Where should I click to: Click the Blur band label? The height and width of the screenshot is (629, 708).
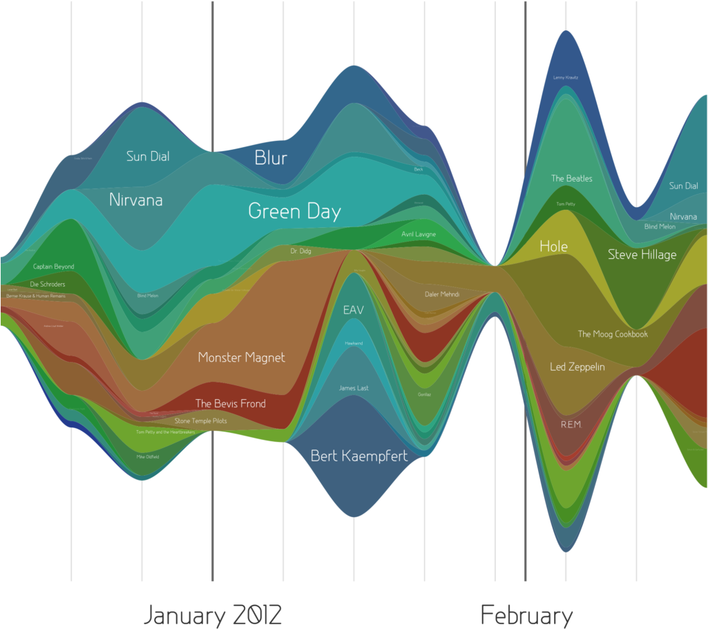point(271,157)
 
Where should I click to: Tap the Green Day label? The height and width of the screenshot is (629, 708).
point(294,211)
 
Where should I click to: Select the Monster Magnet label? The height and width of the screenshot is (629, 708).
point(241,358)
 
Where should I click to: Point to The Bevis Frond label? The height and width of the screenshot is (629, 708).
point(230,404)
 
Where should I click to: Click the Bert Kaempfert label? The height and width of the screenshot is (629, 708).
point(358,456)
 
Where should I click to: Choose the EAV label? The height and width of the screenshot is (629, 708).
point(353,310)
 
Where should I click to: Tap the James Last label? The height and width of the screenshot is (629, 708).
point(354,388)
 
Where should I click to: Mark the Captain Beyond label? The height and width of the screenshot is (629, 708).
point(53,267)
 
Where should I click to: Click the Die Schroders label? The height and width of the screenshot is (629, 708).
point(48,284)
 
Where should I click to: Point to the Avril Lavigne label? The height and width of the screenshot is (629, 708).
point(419,234)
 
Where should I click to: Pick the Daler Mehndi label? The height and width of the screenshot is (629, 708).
point(442,295)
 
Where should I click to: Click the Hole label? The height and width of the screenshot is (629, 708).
point(553,246)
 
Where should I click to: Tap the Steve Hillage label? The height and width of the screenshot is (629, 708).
point(642,255)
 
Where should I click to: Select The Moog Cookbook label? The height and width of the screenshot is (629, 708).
point(613,334)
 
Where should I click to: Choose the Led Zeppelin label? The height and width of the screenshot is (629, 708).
point(577,367)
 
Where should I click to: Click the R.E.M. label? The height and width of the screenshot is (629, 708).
point(571,425)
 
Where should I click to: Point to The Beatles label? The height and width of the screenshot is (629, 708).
point(571,179)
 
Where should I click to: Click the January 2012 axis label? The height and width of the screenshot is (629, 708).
point(213,615)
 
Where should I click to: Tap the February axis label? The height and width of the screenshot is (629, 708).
point(526,615)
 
